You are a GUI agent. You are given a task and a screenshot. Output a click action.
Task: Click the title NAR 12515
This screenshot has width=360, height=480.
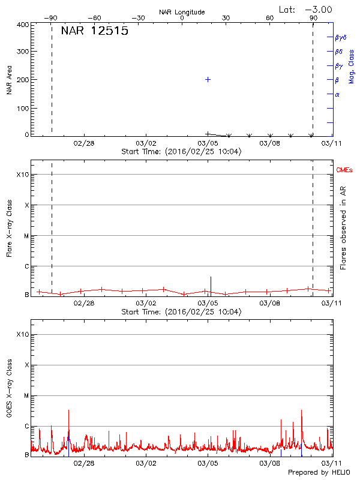95,31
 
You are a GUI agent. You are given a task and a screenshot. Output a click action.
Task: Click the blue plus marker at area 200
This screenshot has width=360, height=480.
208,79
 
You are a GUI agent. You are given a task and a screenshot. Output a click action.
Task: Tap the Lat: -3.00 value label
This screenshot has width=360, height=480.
305,9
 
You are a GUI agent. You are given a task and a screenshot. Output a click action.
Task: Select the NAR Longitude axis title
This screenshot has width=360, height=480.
182,12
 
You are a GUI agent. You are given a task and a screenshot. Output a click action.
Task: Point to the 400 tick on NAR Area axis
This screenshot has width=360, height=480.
23,25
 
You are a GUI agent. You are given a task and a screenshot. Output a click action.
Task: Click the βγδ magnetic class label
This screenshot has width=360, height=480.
341,37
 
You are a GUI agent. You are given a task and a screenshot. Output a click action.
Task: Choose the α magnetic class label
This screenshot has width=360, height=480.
337,94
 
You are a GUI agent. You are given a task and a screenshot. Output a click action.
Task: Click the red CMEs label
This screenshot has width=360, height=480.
344,171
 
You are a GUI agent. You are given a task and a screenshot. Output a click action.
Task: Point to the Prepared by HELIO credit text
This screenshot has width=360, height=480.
320,473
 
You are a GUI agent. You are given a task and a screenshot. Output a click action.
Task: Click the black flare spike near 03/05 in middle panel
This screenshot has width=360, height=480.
211,283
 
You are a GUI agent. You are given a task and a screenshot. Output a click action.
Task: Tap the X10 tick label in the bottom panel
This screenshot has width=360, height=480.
23,334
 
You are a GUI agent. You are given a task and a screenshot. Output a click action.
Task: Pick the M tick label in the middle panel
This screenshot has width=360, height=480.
26,236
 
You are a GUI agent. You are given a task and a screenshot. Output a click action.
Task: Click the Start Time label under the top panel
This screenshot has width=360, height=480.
181,152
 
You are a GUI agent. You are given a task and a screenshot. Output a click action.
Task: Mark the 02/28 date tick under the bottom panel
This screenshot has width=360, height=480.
84,463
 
